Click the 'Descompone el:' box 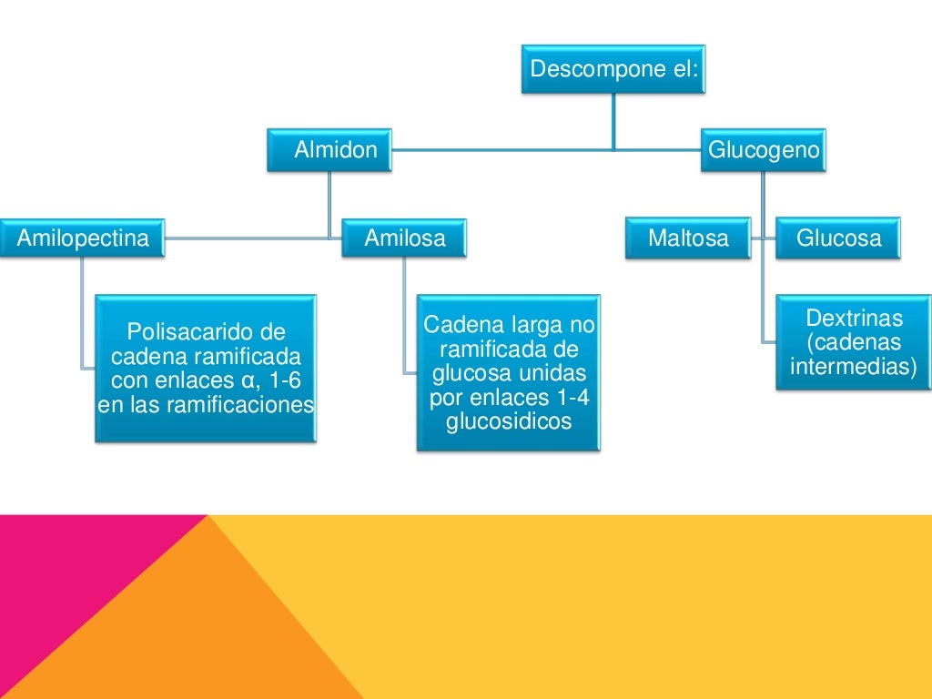tap(613, 69)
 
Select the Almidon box tap(329, 150)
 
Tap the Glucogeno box tap(764, 150)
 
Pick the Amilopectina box tap(82, 238)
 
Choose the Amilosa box tap(405, 238)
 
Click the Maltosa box tap(688, 238)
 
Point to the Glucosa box tap(838, 238)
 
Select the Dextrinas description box tap(854, 342)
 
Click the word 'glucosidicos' tap(509, 420)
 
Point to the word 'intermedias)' tap(854, 367)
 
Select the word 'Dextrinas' tap(854, 319)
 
